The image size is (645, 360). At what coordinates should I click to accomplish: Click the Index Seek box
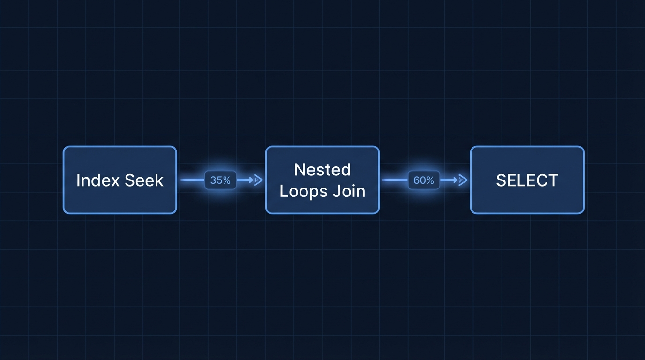tap(120, 180)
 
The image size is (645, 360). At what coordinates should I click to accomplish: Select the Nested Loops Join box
tap(322, 180)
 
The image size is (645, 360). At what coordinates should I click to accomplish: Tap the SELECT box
tap(527, 180)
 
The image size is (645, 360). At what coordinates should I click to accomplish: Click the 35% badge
tap(221, 180)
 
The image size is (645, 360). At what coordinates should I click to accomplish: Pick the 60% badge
tap(424, 180)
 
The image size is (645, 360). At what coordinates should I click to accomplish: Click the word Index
tap(98, 180)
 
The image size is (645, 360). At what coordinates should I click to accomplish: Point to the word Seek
tap(144, 180)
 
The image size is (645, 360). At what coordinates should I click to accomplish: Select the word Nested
tap(322, 169)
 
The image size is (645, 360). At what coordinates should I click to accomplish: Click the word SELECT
tap(527, 180)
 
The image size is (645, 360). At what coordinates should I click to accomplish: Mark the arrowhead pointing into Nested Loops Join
tap(258, 180)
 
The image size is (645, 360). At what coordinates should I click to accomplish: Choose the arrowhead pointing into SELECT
tap(463, 180)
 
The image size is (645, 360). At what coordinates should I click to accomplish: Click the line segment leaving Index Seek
tap(193, 180)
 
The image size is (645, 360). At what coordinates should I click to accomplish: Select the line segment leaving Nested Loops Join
tap(395, 180)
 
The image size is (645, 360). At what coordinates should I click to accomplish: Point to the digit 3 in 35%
tap(213, 180)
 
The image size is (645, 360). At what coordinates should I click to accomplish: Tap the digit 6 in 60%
tap(417, 180)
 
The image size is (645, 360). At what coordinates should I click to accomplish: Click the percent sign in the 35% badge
tap(227, 180)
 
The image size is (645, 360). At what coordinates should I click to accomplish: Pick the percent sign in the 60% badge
tap(430, 180)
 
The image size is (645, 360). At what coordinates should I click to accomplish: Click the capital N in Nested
tap(299, 169)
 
